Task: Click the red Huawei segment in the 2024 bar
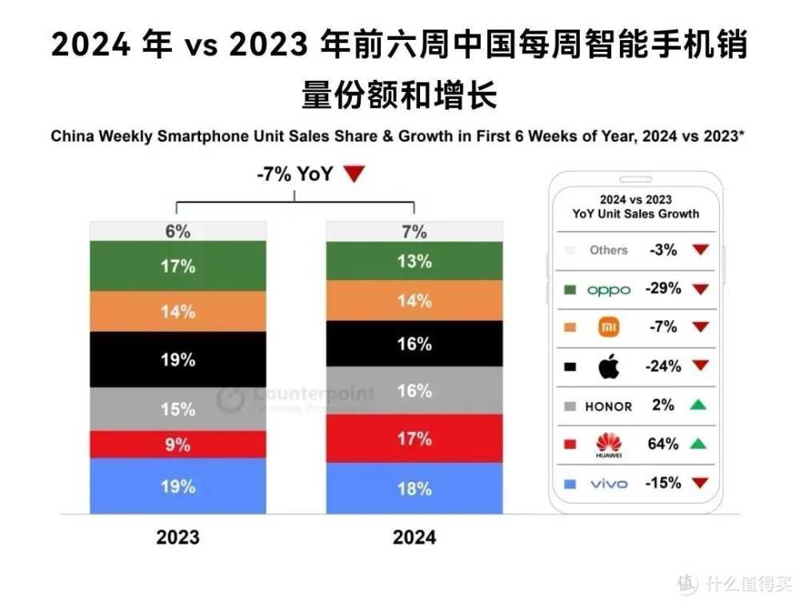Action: click(x=414, y=438)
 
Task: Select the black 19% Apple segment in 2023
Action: click(x=177, y=360)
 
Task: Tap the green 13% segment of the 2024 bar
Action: click(x=414, y=262)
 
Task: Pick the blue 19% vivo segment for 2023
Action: click(x=177, y=485)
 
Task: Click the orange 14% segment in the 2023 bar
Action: click(x=177, y=311)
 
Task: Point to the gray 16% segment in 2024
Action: click(x=414, y=391)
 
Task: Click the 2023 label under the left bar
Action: click(x=178, y=537)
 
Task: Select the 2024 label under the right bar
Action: click(x=414, y=537)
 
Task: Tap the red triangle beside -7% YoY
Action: click(x=354, y=174)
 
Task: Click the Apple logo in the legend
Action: click(x=609, y=367)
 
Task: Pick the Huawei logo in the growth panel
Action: click(x=609, y=445)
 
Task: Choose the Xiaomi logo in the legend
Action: click(x=609, y=327)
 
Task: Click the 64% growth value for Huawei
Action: click(x=663, y=444)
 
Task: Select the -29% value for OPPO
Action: click(x=664, y=289)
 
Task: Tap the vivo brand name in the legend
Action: click(x=609, y=484)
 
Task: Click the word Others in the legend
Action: click(x=609, y=250)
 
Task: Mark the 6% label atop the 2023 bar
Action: click(x=177, y=231)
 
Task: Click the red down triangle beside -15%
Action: click(x=701, y=484)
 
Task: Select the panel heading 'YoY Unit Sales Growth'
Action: click(x=635, y=214)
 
